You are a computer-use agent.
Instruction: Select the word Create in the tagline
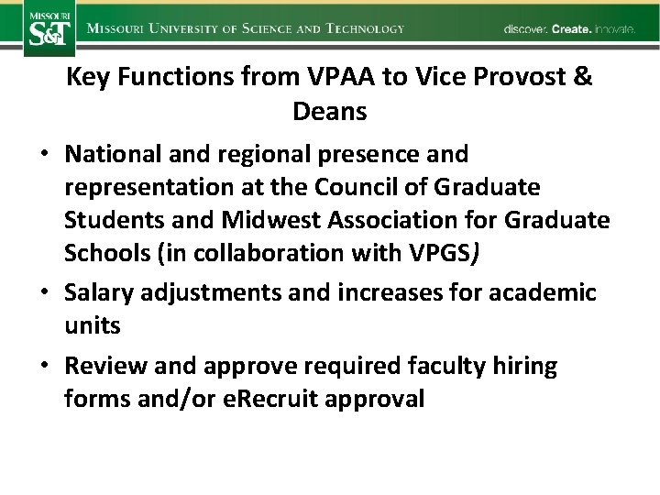(571, 29)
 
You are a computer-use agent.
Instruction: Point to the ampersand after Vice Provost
(583, 77)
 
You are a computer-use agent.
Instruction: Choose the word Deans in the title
(330, 112)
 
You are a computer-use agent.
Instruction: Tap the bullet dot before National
(45, 154)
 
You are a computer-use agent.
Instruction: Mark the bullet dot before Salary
(45, 293)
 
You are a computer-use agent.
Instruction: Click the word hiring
(524, 367)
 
